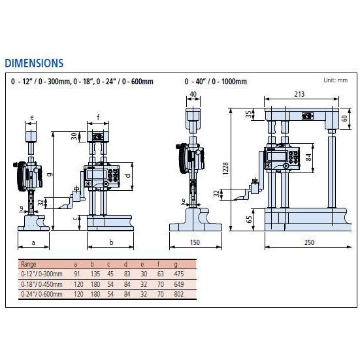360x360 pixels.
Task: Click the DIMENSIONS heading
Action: [x=34, y=63]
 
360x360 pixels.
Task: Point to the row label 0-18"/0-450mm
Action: [x=42, y=284]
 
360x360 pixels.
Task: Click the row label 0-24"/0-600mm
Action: [x=42, y=294]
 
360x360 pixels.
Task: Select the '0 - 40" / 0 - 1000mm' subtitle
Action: [x=215, y=82]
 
